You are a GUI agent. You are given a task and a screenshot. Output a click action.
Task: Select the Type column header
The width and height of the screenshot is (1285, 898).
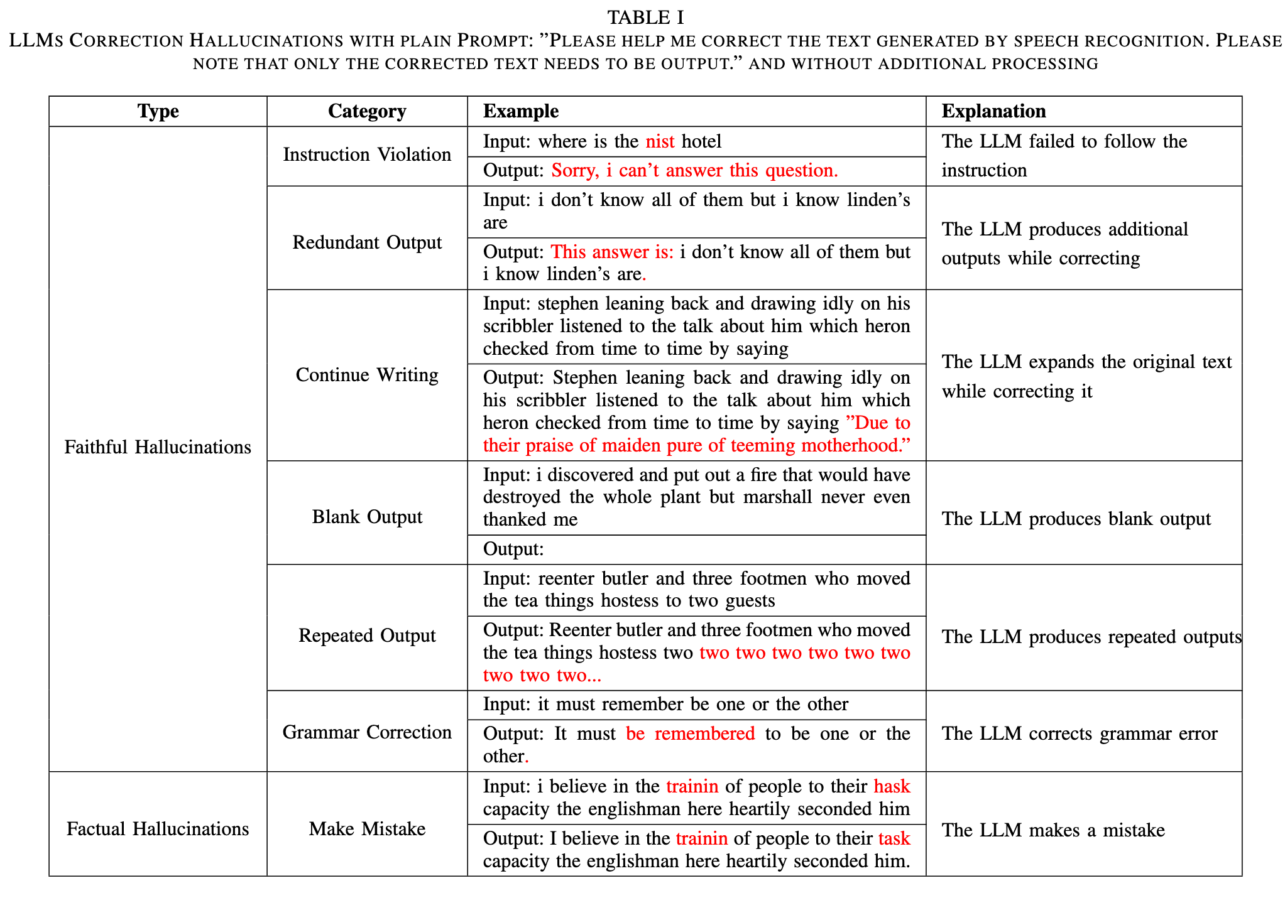158,111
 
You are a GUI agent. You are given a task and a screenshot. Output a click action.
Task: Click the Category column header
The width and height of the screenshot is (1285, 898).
367,111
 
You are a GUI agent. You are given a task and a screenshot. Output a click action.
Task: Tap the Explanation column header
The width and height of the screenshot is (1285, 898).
993,111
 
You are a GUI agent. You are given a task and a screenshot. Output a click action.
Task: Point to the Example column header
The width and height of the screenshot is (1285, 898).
520,111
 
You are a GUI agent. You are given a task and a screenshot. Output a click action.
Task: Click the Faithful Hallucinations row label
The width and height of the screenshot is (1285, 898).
158,447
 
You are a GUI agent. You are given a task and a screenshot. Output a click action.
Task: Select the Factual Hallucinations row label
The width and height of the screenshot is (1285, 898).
158,829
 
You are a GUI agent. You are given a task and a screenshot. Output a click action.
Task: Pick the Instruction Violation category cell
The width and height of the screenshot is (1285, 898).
367,154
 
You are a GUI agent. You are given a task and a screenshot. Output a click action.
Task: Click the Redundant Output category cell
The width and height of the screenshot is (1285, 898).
367,242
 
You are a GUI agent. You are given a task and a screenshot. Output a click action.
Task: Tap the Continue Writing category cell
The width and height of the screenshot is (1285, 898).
367,375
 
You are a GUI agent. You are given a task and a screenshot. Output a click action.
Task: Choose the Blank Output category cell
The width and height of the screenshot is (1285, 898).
367,517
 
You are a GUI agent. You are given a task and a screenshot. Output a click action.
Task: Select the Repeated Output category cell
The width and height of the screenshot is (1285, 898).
367,636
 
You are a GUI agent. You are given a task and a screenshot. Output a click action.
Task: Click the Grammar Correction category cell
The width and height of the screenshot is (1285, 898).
367,732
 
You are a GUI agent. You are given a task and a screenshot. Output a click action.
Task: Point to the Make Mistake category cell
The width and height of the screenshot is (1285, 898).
367,829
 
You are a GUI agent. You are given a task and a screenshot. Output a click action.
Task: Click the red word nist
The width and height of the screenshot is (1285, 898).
660,141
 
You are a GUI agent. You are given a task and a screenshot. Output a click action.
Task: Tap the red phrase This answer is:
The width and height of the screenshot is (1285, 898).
612,252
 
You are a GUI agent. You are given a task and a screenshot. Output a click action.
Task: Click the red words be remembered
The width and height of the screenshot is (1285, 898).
690,733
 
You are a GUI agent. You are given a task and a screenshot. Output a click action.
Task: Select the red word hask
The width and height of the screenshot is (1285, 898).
892,786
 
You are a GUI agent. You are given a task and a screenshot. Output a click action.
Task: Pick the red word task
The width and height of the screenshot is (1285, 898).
894,838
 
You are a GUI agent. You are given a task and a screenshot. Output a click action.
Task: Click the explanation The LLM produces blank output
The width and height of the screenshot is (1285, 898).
1076,519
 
